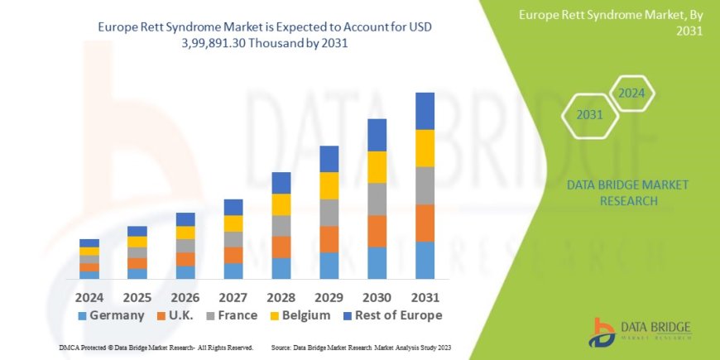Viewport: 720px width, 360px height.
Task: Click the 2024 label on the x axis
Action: [x=89, y=295]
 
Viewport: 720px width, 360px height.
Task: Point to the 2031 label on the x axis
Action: [x=425, y=295]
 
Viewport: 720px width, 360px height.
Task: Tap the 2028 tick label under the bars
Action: [x=281, y=295]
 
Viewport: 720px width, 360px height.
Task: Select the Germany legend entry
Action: [x=111, y=315]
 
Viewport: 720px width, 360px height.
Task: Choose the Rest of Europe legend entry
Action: [x=393, y=315]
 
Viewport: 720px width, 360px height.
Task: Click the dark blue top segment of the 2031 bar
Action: [x=425, y=111]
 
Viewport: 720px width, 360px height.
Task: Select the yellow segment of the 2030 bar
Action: [x=377, y=167]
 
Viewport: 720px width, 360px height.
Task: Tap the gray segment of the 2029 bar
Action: [x=329, y=212]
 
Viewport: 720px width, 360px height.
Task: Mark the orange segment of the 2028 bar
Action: [x=281, y=247]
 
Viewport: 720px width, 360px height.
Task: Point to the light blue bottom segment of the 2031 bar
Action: [x=425, y=260]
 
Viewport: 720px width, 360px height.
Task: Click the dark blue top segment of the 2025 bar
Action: [x=137, y=231]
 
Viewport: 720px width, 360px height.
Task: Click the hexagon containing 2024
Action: [x=631, y=93]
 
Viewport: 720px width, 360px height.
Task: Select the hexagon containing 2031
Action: [x=589, y=115]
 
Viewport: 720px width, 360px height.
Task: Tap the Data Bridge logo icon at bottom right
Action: [x=602, y=332]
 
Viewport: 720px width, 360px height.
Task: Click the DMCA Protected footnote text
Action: [x=156, y=348]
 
